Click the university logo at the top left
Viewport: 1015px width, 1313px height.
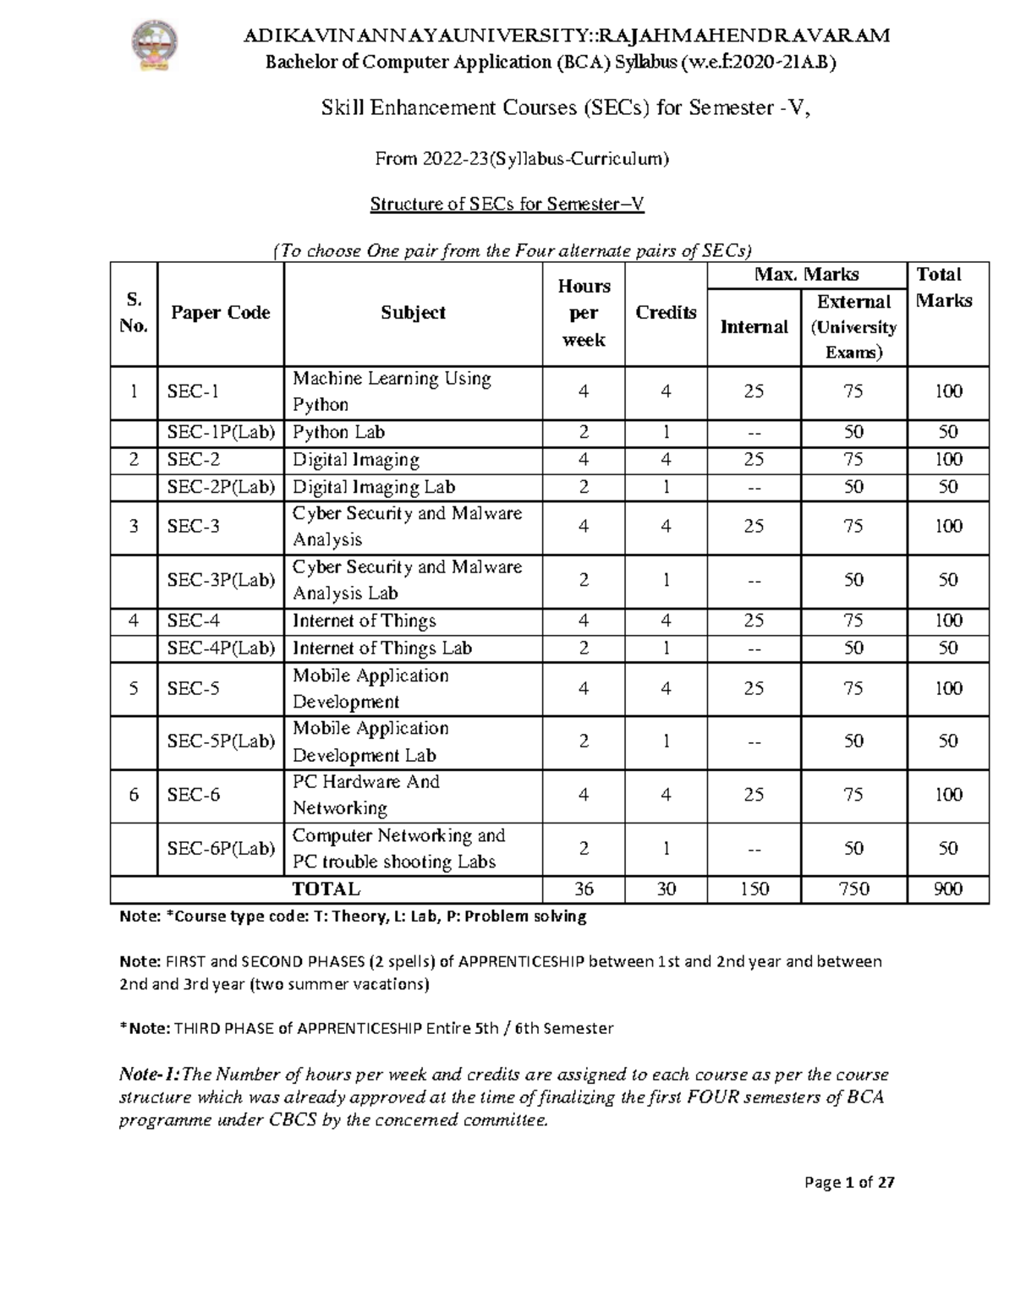pos(155,47)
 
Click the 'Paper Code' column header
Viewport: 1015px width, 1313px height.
pos(220,313)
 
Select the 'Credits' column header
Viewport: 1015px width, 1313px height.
pos(666,313)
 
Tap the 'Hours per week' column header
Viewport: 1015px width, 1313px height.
pos(584,313)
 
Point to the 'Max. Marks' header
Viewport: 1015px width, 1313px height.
pos(807,275)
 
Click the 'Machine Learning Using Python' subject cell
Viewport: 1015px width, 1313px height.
pos(392,391)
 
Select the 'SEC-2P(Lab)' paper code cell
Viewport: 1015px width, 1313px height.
pos(221,487)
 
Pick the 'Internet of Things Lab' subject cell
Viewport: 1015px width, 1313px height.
pos(382,648)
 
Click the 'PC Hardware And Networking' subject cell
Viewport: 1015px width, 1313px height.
pos(366,795)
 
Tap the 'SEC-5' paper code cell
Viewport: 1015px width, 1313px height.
pos(194,689)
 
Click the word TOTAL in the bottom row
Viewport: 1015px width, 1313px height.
pos(326,889)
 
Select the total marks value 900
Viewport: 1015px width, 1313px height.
pos(948,889)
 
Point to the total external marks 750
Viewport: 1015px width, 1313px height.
pos(853,889)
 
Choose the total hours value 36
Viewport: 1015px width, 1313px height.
pos(584,889)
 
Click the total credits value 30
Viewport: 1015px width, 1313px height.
pos(666,889)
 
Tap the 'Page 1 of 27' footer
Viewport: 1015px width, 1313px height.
pos(849,1183)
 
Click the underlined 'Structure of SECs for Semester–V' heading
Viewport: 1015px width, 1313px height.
pos(507,204)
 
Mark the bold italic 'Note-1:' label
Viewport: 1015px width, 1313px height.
pos(150,1075)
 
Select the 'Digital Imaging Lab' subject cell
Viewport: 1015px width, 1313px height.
pos(374,487)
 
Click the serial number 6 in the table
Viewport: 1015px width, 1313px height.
pos(134,795)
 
